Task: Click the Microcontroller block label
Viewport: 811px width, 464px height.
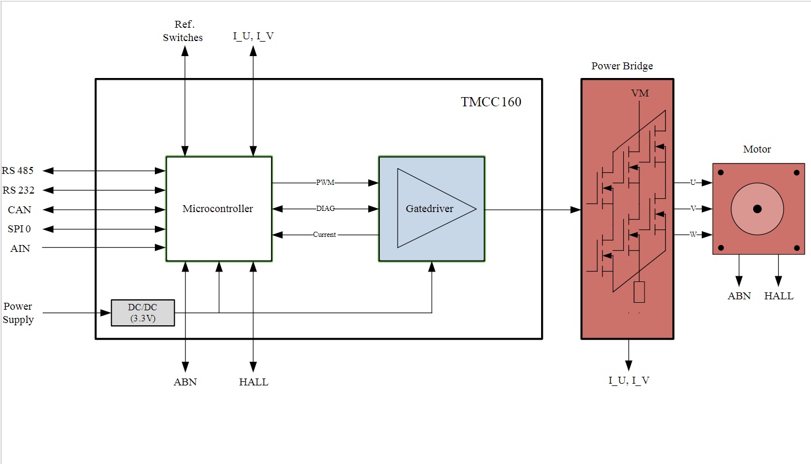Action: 217,209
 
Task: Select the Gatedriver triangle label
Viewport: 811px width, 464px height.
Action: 429,209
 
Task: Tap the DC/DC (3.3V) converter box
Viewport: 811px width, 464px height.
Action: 143,313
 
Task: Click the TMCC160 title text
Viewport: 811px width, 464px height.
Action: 491,102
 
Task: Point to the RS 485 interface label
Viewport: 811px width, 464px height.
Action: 17,170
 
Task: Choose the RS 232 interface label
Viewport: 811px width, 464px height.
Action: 18,190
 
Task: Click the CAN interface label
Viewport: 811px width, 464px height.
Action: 20,210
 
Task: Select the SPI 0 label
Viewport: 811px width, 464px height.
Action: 19,229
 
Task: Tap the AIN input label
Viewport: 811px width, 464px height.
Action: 20,248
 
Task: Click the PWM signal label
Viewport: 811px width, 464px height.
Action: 325,183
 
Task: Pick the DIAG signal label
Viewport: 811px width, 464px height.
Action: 325,209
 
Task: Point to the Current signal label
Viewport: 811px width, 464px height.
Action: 324,235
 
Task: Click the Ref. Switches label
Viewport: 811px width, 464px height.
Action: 183,31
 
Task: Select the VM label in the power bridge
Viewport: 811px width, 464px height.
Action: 640,94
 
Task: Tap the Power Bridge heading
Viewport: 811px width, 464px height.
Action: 622,66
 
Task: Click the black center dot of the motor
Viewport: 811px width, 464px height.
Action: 757,209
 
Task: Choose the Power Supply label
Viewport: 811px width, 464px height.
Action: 18,313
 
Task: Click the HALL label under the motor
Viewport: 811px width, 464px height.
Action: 779,296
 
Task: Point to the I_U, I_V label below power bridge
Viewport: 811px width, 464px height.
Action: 629,380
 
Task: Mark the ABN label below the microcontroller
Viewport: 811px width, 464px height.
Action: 185,382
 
